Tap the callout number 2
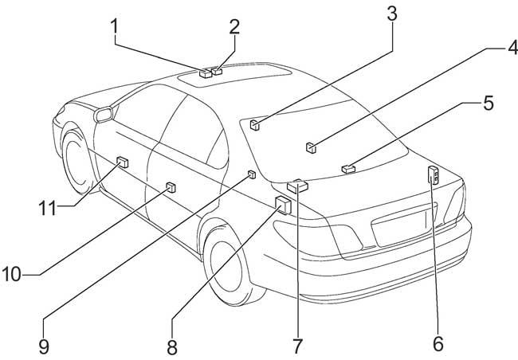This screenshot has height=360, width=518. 233,26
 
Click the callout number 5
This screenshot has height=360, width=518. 487,103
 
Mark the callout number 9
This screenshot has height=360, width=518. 44,346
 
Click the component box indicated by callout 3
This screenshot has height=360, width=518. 254,123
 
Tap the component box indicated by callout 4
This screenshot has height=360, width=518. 311,146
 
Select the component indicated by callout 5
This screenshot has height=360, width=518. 348,168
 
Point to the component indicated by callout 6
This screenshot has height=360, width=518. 433,175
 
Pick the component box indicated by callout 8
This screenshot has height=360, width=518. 282,205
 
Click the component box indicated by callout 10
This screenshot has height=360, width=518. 170,187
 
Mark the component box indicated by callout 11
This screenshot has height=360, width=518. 123,163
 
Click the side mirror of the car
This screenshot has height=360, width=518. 102,115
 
